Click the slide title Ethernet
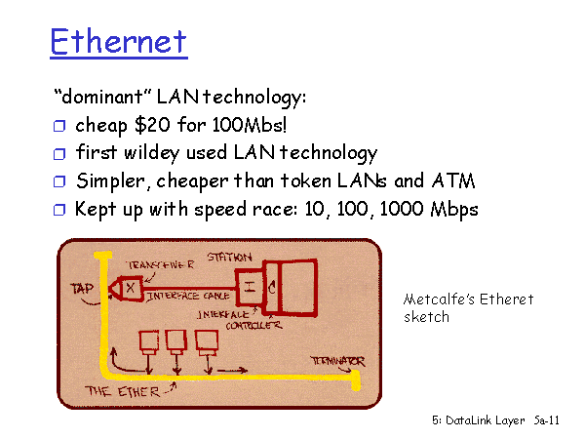pyautogui.click(x=119, y=41)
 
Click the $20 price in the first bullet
pyautogui.click(x=153, y=124)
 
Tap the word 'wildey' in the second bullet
pyautogui.click(x=151, y=153)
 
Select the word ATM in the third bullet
pyautogui.click(x=453, y=180)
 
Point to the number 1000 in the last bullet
pyautogui.click(x=402, y=209)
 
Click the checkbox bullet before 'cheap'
pyautogui.click(x=59, y=126)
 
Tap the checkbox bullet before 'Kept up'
pyautogui.click(x=59, y=210)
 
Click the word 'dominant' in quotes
pyautogui.click(x=102, y=97)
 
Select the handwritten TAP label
pyautogui.click(x=82, y=288)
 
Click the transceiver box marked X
pyautogui.click(x=131, y=288)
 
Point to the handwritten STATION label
pyautogui.click(x=229, y=258)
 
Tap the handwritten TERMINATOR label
pyautogui.click(x=338, y=361)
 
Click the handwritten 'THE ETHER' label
pyautogui.click(x=123, y=391)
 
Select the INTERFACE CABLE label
pyautogui.click(x=188, y=297)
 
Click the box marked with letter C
pyautogui.click(x=272, y=288)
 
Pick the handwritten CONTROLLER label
pyautogui.click(x=253, y=326)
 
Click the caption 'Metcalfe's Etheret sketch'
pyautogui.click(x=469, y=308)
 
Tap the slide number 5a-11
pyautogui.click(x=547, y=420)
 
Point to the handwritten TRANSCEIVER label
pyautogui.click(x=161, y=264)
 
